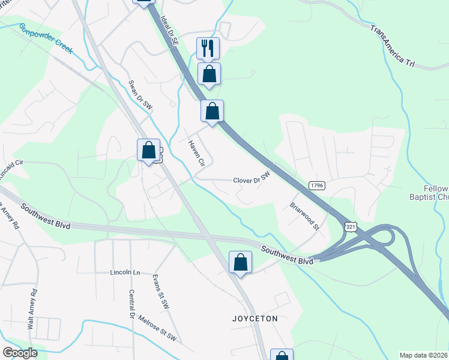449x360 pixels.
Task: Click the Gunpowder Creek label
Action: tap(46, 39)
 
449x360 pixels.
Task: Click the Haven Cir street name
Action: tap(197, 154)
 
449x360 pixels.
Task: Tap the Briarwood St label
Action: tap(304, 211)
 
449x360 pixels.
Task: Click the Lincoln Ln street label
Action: tap(125, 272)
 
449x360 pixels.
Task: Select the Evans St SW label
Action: tap(161, 292)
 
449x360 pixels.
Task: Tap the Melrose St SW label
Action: tap(157, 329)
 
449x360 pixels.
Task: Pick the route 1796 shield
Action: tap(317, 185)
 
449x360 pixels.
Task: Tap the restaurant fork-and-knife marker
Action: tap(208, 48)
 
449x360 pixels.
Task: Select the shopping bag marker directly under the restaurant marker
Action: tap(209, 74)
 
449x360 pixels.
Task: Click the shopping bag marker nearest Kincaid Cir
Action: tap(148, 150)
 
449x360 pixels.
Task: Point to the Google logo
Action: tap(20, 353)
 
